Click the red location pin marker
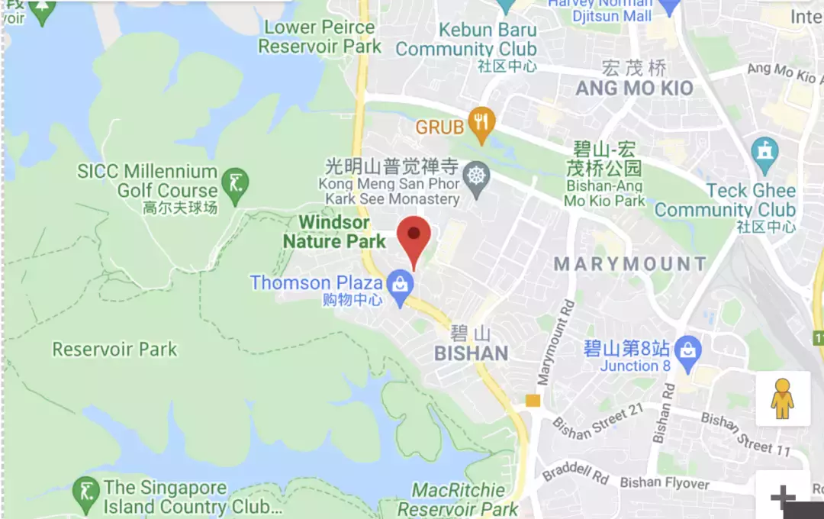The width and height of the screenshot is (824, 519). pos(414,235)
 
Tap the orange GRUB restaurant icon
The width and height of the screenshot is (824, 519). pos(481,124)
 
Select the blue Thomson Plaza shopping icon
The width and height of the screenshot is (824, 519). pos(399,286)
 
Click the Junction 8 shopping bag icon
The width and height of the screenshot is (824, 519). pos(688,352)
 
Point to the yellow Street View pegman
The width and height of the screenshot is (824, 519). pos(782,398)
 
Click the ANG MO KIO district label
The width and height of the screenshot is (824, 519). pos(634,89)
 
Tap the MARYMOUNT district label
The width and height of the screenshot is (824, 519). pos(630,265)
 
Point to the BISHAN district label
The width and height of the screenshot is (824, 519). pos(471,353)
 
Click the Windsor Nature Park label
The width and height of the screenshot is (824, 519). pos(334,232)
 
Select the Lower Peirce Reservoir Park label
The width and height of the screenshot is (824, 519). pos(320,37)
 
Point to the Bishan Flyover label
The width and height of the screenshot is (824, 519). pos(665,482)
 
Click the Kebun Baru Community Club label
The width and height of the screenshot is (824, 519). pos(465,40)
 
